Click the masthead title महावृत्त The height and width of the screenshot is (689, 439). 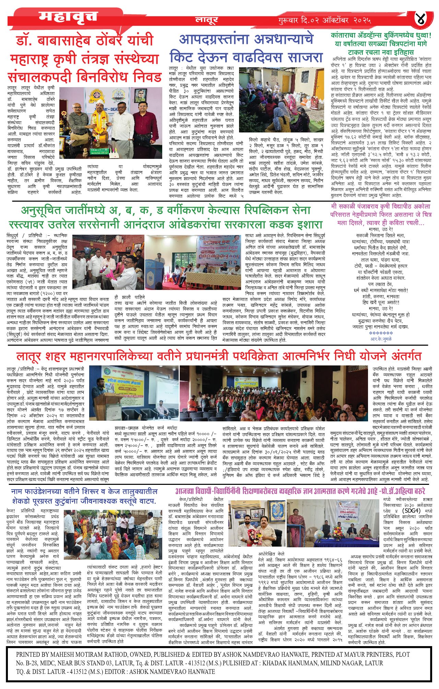(x=68, y=16)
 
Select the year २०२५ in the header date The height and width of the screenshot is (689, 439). (x=361, y=20)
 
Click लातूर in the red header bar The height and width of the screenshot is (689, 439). (x=206, y=20)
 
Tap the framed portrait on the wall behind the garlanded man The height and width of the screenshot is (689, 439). (x=140, y=96)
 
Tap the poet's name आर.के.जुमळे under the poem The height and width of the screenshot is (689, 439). (x=381, y=339)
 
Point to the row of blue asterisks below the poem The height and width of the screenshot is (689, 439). (x=381, y=333)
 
